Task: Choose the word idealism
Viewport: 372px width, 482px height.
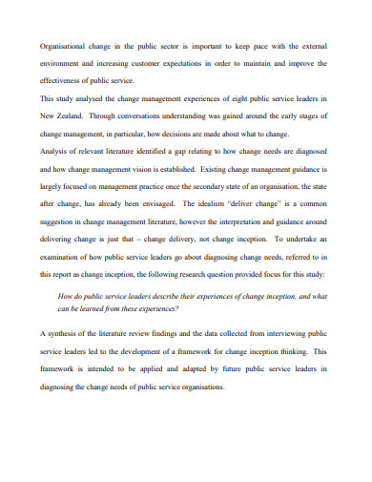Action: click(x=216, y=206)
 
